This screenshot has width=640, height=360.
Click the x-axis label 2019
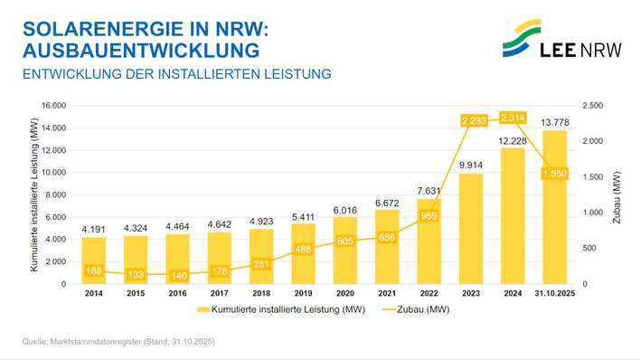[x=303, y=294]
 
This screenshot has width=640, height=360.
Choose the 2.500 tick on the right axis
[x=595, y=105]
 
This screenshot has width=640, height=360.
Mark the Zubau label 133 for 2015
[x=136, y=274]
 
